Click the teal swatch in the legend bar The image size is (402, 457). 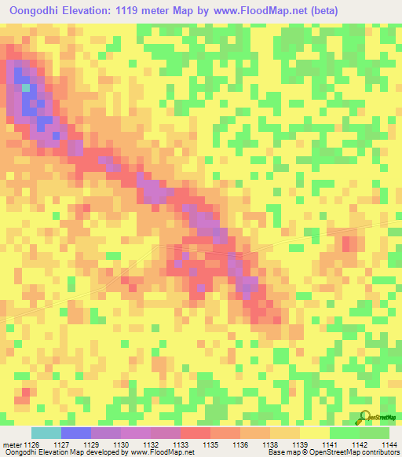click(x=46, y=433)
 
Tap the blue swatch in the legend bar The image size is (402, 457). click(x=76, y=433)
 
